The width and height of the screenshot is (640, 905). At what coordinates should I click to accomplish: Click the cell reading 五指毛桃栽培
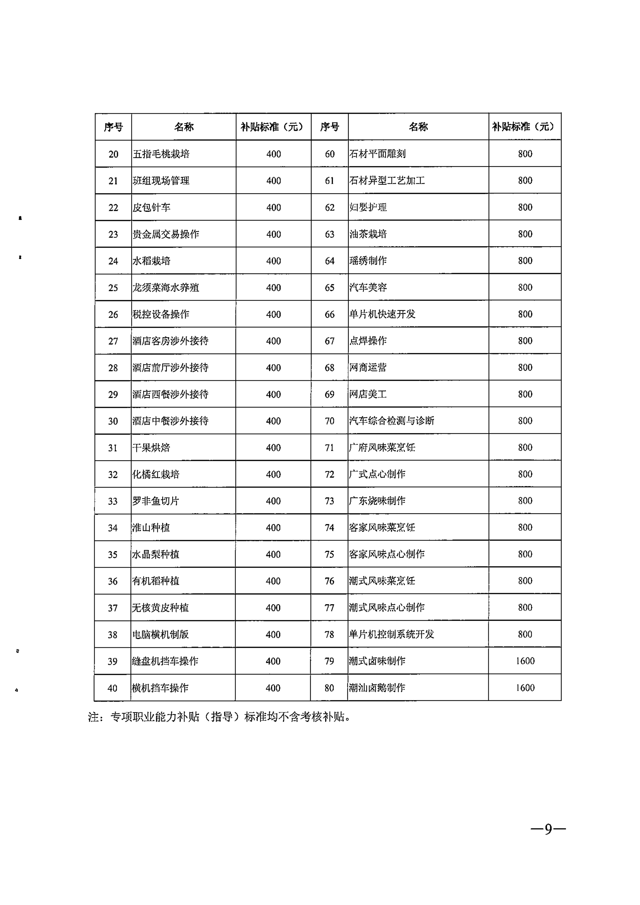click(x=161, y=154)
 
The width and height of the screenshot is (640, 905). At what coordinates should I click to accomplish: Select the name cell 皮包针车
click(x=151, y=207)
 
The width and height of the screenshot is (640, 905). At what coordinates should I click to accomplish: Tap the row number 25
click(x=113, y=288)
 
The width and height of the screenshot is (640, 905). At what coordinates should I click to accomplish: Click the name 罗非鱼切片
click(x=156, y=501)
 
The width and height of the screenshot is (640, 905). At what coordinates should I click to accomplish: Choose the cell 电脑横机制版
click(x=160, y=634)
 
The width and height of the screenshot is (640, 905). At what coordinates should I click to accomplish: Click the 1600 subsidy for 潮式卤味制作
click(x=525, y=661)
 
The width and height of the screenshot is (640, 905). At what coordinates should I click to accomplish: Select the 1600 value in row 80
click(x=525, y=688)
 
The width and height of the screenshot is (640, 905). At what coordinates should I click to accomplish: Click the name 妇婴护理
click(x=368, y=207)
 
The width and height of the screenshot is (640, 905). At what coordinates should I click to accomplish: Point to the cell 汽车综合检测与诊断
click(x=392, y=421)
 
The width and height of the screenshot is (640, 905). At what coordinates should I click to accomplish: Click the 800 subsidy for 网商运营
click(x=525, y=367)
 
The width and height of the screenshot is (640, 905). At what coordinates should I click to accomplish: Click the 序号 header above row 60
click(x=330, y=127)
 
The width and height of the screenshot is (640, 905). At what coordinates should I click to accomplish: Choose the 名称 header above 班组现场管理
click(x=184, y=127)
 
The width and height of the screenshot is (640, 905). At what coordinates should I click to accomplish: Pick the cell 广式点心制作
click(x=377, y=474)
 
